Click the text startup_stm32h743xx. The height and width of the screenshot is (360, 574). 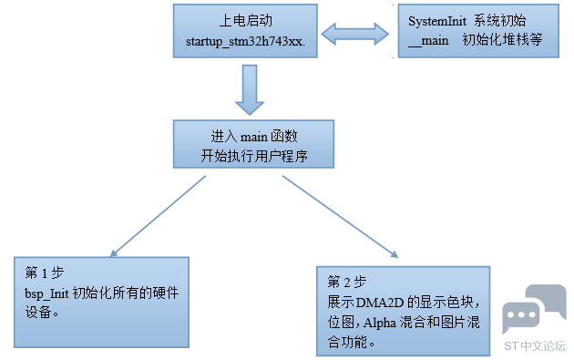tap(245, 42)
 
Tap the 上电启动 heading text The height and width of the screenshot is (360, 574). tap(246, 21)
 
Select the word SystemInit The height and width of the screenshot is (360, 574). tap(437, 21)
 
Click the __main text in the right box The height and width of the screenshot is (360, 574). tap(428, 40)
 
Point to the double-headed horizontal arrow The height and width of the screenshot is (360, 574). tap(354, 34)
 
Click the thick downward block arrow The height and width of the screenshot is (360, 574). tap(250, 89)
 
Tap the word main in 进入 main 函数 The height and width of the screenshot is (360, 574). tap(253, 137)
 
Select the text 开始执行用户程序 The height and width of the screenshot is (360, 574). tap(253, 156)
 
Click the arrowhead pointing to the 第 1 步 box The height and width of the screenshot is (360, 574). tap(114, 253)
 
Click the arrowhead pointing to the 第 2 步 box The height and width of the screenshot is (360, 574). tap(395, 254)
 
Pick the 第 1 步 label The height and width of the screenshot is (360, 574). tap(45, 273)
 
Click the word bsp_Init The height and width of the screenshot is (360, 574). tap(46, 293)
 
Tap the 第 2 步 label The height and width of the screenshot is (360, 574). tap(346, 282)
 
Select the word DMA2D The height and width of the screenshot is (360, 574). tap(380, 303)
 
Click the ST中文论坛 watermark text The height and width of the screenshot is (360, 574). tap(535, 345)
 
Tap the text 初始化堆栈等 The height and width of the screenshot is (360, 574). tap(502, 39)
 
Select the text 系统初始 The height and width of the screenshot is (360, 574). tap(499, 21)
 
